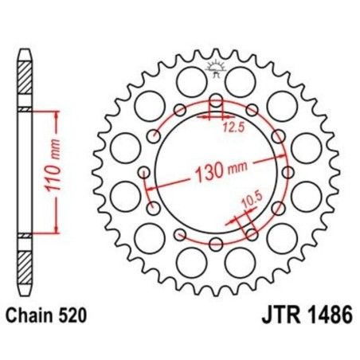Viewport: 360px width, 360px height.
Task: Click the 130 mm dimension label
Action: pos(220,170)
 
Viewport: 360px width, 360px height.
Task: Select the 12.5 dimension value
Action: pos(231,126)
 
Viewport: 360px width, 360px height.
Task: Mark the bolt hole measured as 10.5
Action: pos(252,232)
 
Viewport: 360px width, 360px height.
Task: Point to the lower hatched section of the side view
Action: pos(26,259)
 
